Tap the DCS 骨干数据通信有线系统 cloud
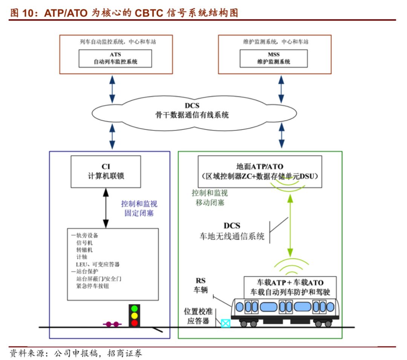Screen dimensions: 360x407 tap(192, 111)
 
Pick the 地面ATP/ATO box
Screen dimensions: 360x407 tap(260, 171)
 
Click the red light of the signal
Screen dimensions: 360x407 tap(134, 323)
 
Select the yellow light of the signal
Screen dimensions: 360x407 tap(134, 316)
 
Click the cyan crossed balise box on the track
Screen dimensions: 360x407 tap(226, 323)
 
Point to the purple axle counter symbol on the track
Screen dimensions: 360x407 tap(113, 323)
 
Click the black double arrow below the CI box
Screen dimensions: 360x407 tap(106, 208)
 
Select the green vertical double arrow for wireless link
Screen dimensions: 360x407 tap(290, 226)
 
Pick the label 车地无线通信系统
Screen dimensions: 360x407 tap(232, 237)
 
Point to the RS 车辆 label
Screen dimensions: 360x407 tap(200, 286)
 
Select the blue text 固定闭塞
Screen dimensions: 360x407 tap(139, 213)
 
